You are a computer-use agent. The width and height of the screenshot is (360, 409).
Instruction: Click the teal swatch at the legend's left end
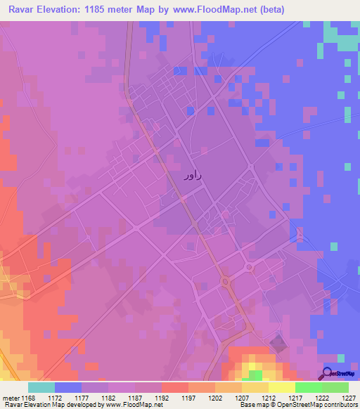pos(41,388)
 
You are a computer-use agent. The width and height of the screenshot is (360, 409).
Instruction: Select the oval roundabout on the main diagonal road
pos(226,282)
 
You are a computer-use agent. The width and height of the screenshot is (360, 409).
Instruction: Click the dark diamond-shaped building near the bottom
pos(279,344)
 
